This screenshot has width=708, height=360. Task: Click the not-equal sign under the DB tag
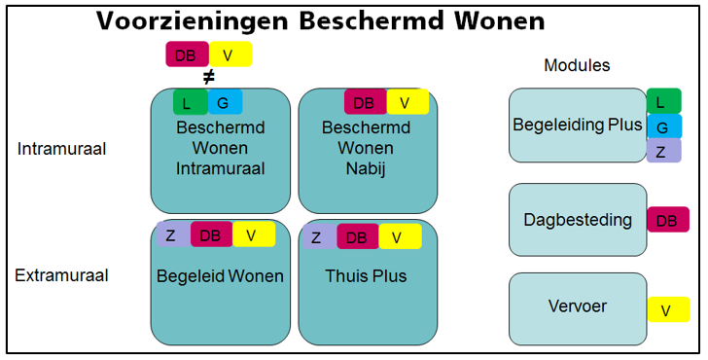[207, 77]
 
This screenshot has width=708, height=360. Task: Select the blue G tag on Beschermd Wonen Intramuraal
[225, 101]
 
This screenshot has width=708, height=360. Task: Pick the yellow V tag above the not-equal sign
[230, 54]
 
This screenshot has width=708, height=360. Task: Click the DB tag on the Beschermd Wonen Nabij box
[365, 101]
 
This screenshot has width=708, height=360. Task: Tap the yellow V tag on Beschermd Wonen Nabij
[407, 101]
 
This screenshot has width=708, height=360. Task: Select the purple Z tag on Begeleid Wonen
[171, 234]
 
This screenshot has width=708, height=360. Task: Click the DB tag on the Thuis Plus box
[357, 236]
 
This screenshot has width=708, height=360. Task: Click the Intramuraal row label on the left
[61, 149]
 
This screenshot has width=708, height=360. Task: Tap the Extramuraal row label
[61, 275]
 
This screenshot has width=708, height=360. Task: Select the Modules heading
[577, 66]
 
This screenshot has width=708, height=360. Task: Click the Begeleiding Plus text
[577, 125]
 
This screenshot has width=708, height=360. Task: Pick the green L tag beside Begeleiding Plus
[663, 101]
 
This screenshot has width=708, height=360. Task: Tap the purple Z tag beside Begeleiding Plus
[663, 150]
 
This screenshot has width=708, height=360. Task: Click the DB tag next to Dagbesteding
[667, 220]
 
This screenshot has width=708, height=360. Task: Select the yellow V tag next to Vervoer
[667, 309]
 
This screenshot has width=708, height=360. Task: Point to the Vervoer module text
[577, 306]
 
